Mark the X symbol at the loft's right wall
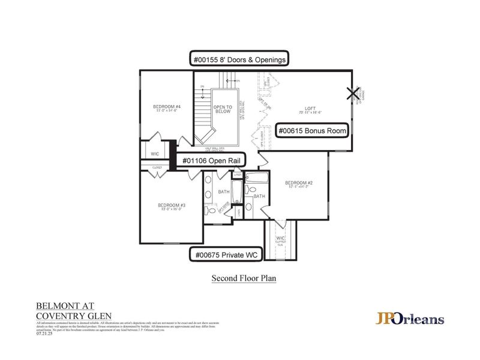click(x=352, y=93)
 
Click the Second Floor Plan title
click(x=243, y=278)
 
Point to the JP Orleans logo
click(x=410, y=318)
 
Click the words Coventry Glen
click(x=74, y=316)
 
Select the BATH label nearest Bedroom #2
click(x=259, y=196)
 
